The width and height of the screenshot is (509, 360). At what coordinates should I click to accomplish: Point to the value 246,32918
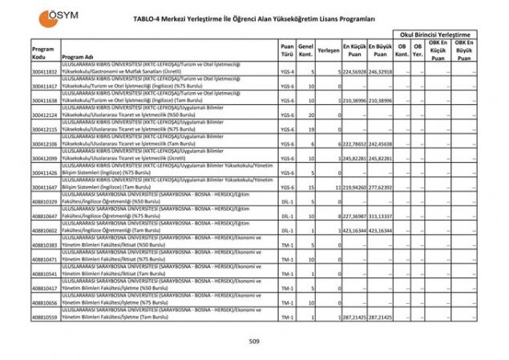[x=381, y=71]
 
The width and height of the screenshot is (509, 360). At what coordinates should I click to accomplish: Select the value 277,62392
[x=381, y=187]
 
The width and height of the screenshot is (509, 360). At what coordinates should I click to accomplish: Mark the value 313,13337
[x=381, y=216]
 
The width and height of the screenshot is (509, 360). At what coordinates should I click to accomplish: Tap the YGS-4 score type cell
[x=288, y=71]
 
